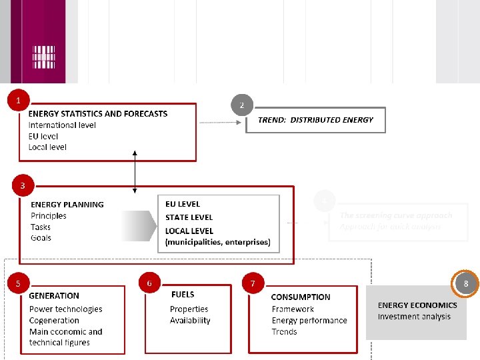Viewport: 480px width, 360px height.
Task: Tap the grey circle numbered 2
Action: click(242, 105)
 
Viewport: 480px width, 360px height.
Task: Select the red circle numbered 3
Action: click(23, 185)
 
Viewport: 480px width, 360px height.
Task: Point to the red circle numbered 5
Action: click(18, 283)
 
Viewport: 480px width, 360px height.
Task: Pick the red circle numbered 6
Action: click(149, 283)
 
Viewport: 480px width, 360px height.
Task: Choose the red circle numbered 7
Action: click(253, 283)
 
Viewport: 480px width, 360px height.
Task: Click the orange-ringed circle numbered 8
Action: click(465, 283)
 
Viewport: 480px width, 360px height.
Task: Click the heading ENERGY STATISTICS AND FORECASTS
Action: click(98, 113)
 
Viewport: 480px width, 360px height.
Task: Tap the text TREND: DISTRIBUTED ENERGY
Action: click(315, 120)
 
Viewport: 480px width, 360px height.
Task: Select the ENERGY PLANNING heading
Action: click(67, 205)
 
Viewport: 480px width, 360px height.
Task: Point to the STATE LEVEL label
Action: click(189, 217)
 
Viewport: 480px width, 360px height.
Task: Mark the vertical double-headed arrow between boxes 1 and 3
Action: click(135, 171)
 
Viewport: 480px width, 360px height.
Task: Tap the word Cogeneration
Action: click(54, 321)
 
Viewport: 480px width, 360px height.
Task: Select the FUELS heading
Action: click(183, 294)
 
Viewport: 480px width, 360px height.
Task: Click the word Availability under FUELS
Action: click(190, 321)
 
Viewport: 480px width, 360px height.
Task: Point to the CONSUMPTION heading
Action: click(301, 297)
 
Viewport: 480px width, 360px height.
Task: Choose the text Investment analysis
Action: click(414, 317)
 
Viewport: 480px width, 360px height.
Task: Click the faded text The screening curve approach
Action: click(396, 215)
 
